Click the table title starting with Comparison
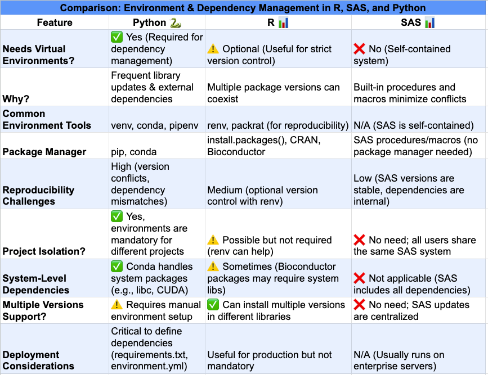(x=243, y=8)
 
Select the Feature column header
(x=55, y=22)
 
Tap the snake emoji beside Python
(x=176, y=22)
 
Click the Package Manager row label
(x=44, y=152)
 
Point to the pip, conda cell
(x=134, y=152)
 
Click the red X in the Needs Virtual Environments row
(x=360, y=49)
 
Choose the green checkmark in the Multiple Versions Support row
(x=213, y=305)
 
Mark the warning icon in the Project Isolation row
(x=213, y=240)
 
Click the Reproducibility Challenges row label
(x=38, y=196)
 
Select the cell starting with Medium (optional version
(x=262, y=196)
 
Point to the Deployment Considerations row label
(x=38, y=360)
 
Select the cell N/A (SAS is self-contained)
(x=413, y=125)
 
